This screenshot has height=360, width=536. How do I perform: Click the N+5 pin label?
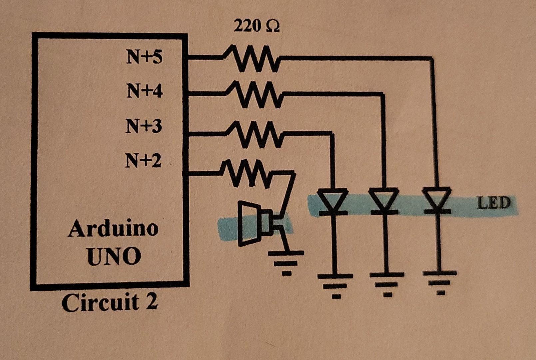pyautogui.click(x=144, y=57)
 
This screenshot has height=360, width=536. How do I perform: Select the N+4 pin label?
pyautogui.click(x=144, y=91)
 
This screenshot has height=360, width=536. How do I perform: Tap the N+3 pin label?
pyautogui.click(x=144, y=126)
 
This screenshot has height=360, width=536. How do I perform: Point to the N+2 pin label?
pyautogui.click(x=143, y=161)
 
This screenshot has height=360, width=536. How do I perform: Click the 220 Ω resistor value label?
pyautogui.click(x=257, y=26)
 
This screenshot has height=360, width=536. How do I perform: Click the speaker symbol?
pyautogui.click(x=255, y=223)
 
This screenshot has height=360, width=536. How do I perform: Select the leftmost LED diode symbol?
pyautogui.click(x=332, y=201)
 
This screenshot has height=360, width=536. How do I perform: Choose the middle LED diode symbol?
pyautogui.click(x=384, y=201)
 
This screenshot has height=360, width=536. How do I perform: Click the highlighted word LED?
pyautogui.click(x=493, y=203)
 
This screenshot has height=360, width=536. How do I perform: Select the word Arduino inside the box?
pyautogui.click(x=113, y=229)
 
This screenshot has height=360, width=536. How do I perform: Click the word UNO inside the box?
pyautogui.click(x=114, y=256)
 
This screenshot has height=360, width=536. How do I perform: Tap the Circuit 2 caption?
pyautogui.click(x=109, y=303)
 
